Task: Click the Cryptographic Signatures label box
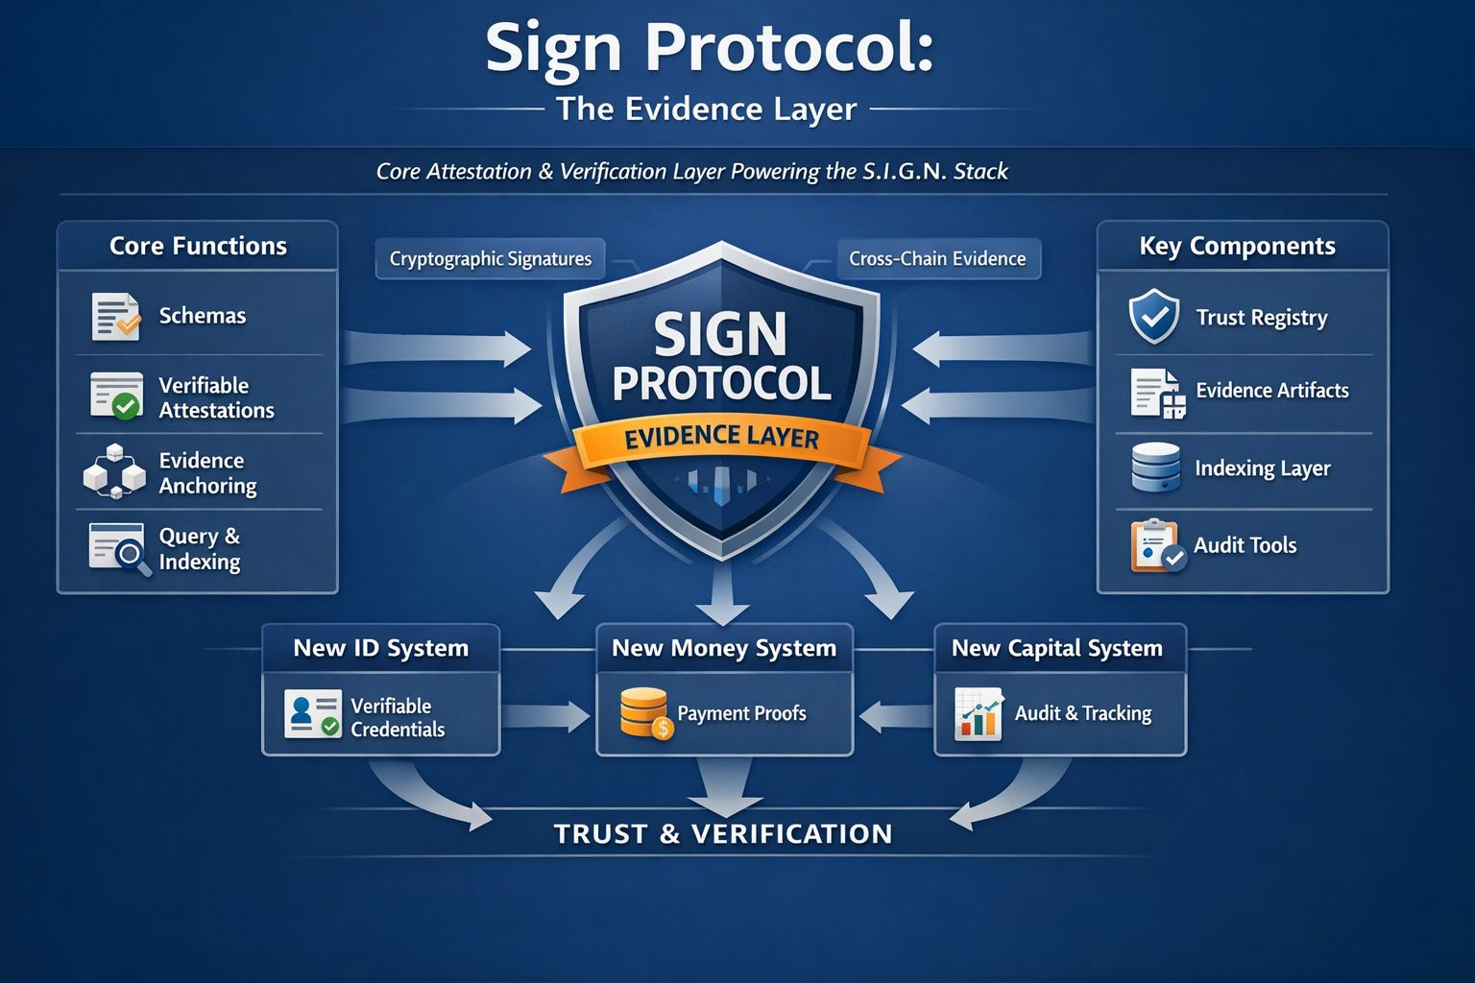pyautogui.click(x=490, y=259)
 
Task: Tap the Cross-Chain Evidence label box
pyautogui.click(x=937, y=259)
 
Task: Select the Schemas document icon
pyautogui.click(x=115, y=317)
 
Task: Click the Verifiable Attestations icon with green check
pyautogui.click(x=116, y=396)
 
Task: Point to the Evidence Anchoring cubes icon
pyautogui.click(x=114, y=471)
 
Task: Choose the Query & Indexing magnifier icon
pyautogui.click(x=119, y=549)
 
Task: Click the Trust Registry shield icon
pyautogui.click(x=1153, y=317)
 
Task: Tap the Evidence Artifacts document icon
pyautogui.click(x=1157, y=393)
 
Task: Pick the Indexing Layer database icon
pyautogui.click(x=1155, y=468)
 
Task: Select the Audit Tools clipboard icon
pyautogui.click(x=1156, y=545)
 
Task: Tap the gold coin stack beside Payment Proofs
pyautogui.click(x=643, y=712)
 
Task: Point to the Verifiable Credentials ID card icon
pyautogui.click(x=312, y=714)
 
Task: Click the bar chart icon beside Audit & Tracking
pyautogui.click(x=979, y=713)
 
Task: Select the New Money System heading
pyautogui.click(x=724, y=648)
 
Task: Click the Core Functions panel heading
pyautogui.click(x=198, y=246)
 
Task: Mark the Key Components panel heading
pyautogui.click(x=1237, y=246)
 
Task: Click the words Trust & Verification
pyautogui.click(x=723, y=833)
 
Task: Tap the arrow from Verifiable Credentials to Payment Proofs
pyautogui.click(x=545, y=715)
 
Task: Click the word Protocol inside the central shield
pyautogui.click(x=722, y=384)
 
